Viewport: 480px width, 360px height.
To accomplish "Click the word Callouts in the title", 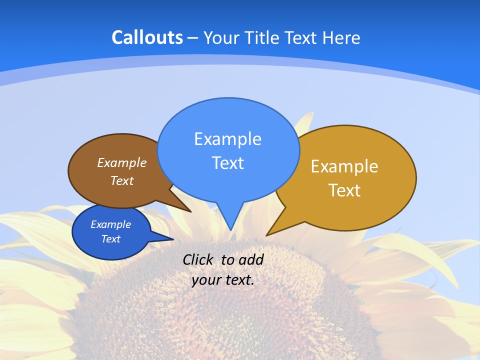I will tap(147, 37).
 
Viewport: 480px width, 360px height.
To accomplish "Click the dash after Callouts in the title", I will tap(193, 38).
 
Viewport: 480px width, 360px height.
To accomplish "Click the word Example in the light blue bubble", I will tap(227, 139).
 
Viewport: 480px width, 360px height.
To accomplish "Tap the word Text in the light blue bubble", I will tap(227, 163).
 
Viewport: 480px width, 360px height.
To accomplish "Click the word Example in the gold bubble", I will tap(344, 166).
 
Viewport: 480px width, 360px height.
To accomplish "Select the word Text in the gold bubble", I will tap(344, 190).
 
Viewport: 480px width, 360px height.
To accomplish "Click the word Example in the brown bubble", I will tap(121, 163).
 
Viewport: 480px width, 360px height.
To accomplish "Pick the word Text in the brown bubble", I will tap(121, 181).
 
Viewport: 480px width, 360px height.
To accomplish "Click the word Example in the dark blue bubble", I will tap(110, 224).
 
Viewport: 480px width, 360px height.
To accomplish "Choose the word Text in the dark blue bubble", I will tap(110, 239).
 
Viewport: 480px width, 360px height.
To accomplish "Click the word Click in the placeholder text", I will tap(198, 259).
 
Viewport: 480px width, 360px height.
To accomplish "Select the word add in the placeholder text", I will tap(250, 259).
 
